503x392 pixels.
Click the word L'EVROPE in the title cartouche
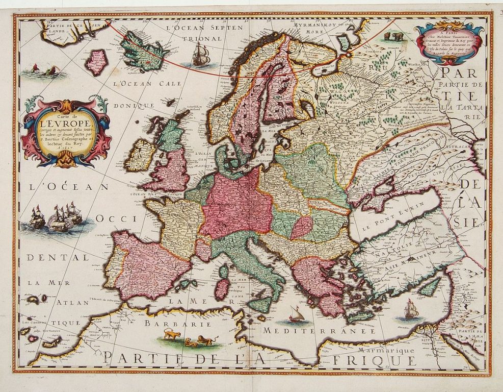[67, 123]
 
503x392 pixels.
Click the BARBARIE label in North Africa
[171, 324]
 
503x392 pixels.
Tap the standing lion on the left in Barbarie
[172, 335]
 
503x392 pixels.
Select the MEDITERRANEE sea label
[319, 331]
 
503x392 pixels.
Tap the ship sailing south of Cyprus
[410, 310]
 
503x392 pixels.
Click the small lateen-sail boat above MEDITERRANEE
[296, 315]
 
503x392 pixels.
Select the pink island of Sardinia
[222, 289]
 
